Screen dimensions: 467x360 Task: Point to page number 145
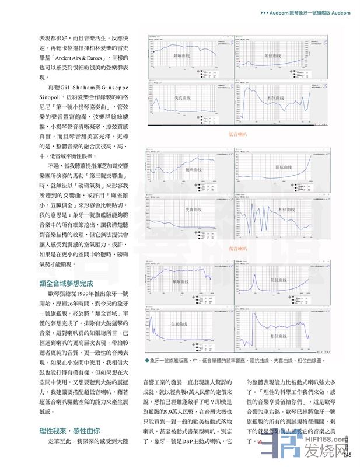[x=348, y=455]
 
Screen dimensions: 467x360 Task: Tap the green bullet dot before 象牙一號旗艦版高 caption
[x=147, y=361]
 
